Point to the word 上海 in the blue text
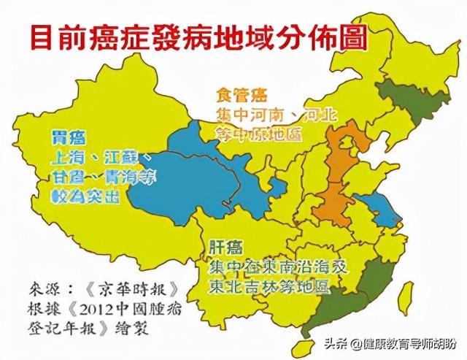66,158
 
